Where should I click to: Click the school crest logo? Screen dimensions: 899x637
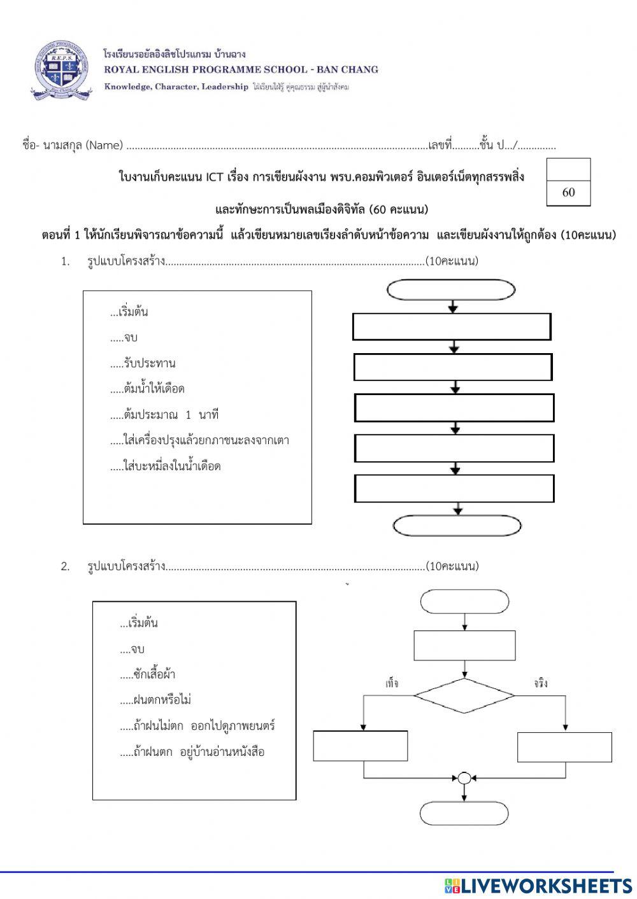(61, 70)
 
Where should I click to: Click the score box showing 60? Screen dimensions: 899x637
(568, 192)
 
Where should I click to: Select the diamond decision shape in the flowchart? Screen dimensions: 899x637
(464, 695)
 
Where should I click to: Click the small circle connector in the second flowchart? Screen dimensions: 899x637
(464, 777)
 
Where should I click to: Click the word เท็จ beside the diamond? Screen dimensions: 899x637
(392, 684)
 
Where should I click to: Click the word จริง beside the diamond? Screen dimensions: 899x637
(541, 684)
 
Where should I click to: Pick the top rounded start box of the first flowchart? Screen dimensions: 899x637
(451, 289)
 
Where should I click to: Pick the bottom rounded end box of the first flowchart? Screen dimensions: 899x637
(457, 526)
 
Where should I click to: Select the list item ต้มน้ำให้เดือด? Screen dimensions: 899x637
(154, 389)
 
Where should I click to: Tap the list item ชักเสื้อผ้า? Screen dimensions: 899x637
(154, 674)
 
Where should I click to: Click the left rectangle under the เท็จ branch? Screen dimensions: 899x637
(361, 746)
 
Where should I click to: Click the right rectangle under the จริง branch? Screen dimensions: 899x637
(564, 747)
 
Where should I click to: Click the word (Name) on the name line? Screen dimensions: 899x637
(104, 145)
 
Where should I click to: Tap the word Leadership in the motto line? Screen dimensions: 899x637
(224, 87)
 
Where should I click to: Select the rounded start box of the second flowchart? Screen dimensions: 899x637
(464, 601)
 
